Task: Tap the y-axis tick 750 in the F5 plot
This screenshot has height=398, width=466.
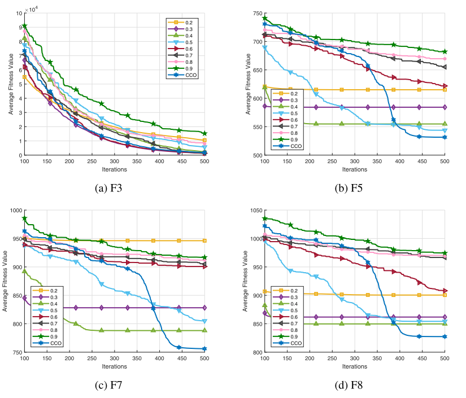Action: tap(255, 13)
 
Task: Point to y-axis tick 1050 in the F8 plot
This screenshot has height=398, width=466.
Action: tap(254, 211)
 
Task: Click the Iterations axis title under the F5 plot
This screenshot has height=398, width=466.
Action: tap(354, 169)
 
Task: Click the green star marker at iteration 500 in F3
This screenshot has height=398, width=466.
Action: tap(204, 134)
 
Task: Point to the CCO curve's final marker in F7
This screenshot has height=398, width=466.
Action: tap(204, 349)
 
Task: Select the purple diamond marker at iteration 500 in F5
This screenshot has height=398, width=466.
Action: tap(445, 107)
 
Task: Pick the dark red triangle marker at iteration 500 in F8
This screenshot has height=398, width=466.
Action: tap(445, 275)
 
